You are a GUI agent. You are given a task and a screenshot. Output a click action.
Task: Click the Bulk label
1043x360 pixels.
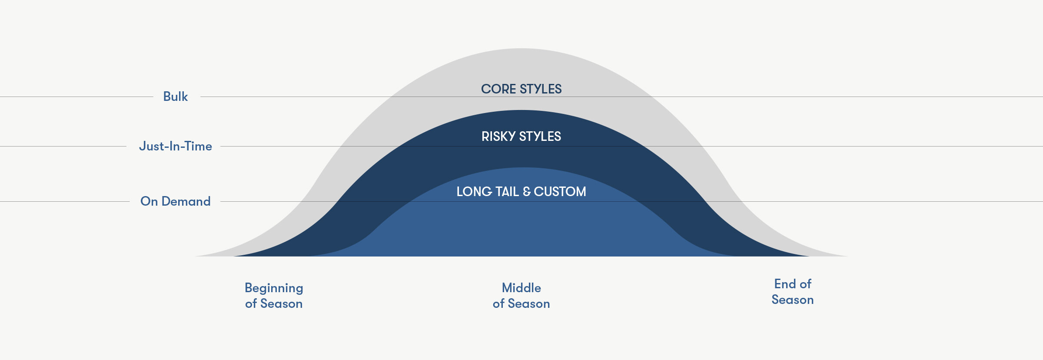coord(176,97)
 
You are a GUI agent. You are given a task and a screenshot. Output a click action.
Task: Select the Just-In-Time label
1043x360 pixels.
coord(176,146)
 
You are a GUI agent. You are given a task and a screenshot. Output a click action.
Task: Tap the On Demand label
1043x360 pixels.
coord(176,201)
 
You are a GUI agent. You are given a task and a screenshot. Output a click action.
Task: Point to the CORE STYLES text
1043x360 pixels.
coord(521,89)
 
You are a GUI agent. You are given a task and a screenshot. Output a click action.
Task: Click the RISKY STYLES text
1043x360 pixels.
coord(521,137)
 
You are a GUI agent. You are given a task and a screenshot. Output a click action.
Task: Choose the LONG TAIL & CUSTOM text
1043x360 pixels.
coord(521,192)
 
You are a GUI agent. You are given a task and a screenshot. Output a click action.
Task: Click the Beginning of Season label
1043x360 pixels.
coord(274,296)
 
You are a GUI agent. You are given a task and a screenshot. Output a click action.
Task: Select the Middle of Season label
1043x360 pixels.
coord(521,296)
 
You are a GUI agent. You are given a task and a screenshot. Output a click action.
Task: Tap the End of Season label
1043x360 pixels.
coord(793,292)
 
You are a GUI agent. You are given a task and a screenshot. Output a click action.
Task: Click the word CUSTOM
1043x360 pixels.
coord(560,192)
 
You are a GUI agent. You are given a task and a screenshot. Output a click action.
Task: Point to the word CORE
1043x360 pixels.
coord(498,89)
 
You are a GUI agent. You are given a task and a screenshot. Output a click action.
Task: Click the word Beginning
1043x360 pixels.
coord(274,288)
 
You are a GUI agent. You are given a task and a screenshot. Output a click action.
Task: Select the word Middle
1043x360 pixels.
coord(521,288)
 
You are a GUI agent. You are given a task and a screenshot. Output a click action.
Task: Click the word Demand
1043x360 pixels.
coord(186,201)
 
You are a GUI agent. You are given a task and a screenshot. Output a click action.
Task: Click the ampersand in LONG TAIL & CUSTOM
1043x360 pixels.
coord(527,192)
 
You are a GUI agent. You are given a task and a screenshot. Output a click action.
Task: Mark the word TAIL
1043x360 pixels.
coord(507,192)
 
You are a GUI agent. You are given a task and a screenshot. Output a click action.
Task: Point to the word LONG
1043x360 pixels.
coord(474,192)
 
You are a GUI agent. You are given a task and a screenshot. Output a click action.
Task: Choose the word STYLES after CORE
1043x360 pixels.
coord(541,89)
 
